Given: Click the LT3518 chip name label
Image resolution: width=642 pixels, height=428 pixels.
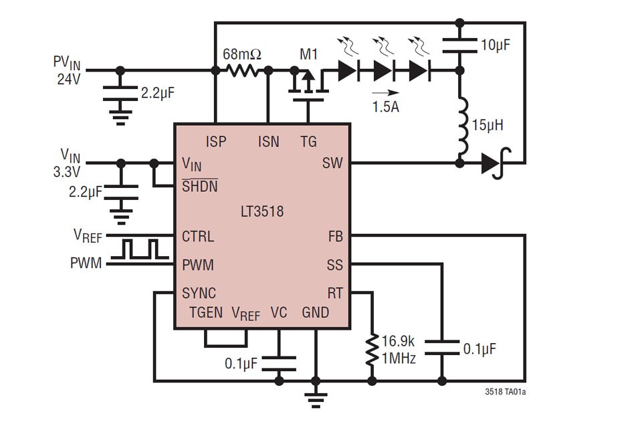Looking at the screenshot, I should tap(261, 212).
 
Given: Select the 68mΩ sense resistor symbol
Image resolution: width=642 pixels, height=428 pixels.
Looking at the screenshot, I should tap(241, 70).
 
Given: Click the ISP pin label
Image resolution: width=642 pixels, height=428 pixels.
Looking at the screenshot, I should tap(216, 141).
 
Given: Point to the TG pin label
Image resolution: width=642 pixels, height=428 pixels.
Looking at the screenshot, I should tap(308, 141).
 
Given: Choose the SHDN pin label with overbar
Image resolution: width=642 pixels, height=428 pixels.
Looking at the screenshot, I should tap(200, 187).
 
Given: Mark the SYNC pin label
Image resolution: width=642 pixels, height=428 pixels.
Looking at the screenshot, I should tap(199, 294).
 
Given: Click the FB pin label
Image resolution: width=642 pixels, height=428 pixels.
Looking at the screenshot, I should tap(335, 237).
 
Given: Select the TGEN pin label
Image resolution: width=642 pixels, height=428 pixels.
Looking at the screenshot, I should tap(206, 313).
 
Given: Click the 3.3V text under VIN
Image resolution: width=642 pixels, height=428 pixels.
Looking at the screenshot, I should tap(67, 171).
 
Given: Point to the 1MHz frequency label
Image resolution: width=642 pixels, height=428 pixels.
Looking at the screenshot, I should tap(399, 359).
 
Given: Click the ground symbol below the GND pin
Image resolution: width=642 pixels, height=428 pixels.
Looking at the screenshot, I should tap(315, 399).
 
